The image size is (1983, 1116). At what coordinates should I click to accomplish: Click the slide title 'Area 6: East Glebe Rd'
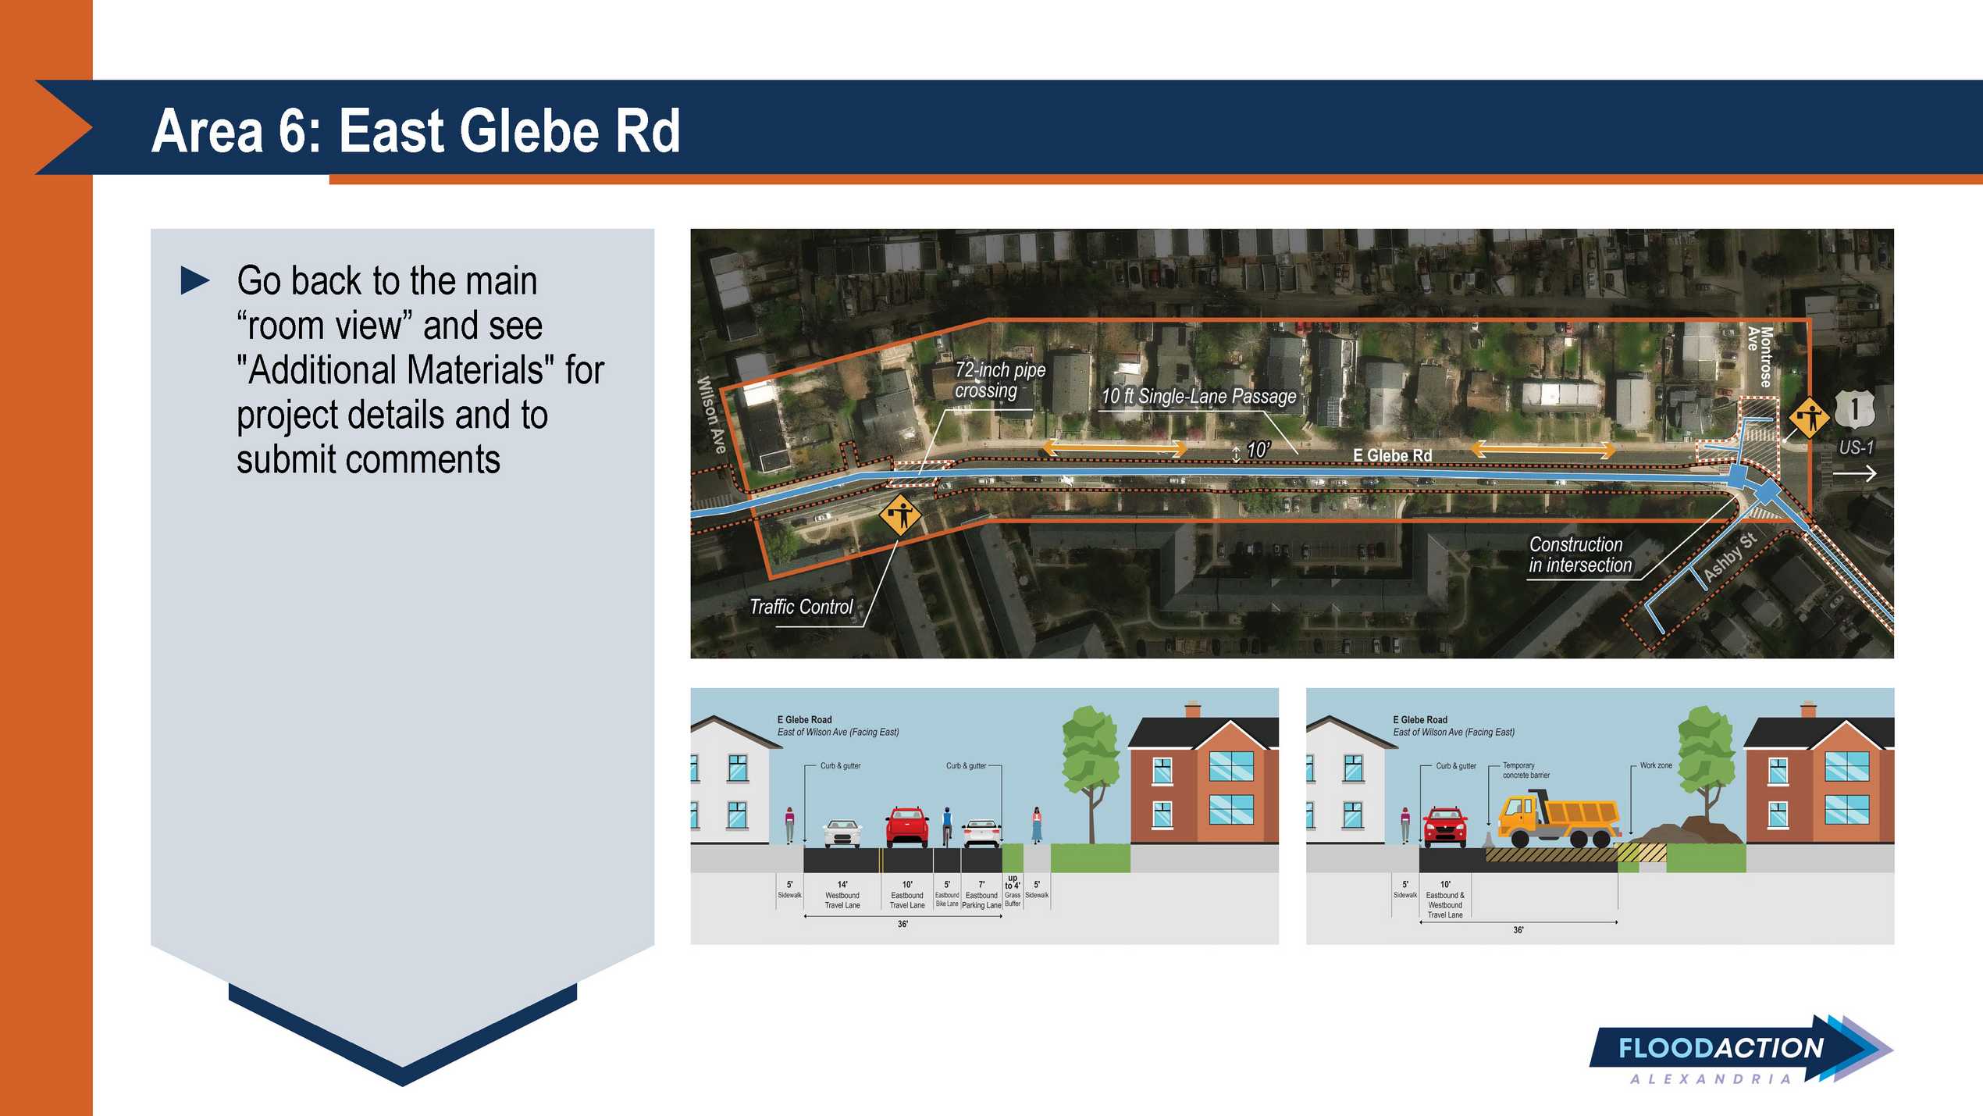(415, 130)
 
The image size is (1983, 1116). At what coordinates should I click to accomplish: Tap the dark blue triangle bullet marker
(195, 280)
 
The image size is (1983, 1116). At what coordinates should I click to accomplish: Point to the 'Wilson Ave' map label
(712, 414)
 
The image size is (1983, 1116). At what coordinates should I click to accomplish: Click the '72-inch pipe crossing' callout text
(999, 380)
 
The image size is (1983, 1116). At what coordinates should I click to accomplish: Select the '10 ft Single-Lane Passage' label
(1198, 397)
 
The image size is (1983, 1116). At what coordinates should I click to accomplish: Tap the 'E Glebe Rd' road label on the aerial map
(1392, 455)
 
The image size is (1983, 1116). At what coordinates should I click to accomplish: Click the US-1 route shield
(1854, 409)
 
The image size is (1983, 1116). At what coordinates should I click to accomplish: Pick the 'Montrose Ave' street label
(1760, 357)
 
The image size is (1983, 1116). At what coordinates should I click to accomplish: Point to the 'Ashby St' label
(1730, 557)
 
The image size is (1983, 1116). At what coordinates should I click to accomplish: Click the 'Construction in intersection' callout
(1580, 554)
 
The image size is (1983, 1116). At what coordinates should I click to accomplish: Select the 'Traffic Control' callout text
(801, 607)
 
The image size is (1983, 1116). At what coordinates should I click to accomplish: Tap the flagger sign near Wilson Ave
(900, 515)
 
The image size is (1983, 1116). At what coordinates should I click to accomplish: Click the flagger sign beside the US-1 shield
(1809, 418)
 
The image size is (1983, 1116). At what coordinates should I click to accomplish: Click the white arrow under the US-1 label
(1854, 473)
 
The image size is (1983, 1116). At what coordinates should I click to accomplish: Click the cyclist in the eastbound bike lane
(947, 826)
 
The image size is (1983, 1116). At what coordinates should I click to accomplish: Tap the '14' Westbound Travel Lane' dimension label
(842, 895)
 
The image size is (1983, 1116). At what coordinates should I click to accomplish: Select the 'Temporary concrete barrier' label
(1526, 770)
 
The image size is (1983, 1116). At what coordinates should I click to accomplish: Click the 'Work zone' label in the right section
(1656, 765)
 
